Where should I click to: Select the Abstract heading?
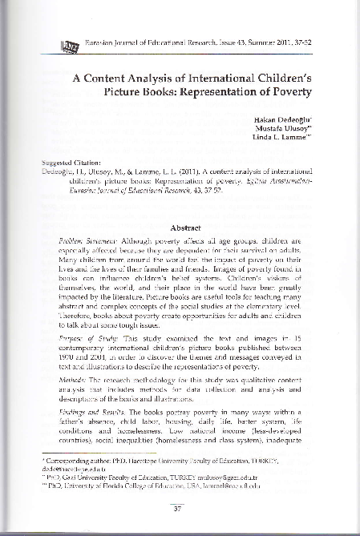coord(186,204)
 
